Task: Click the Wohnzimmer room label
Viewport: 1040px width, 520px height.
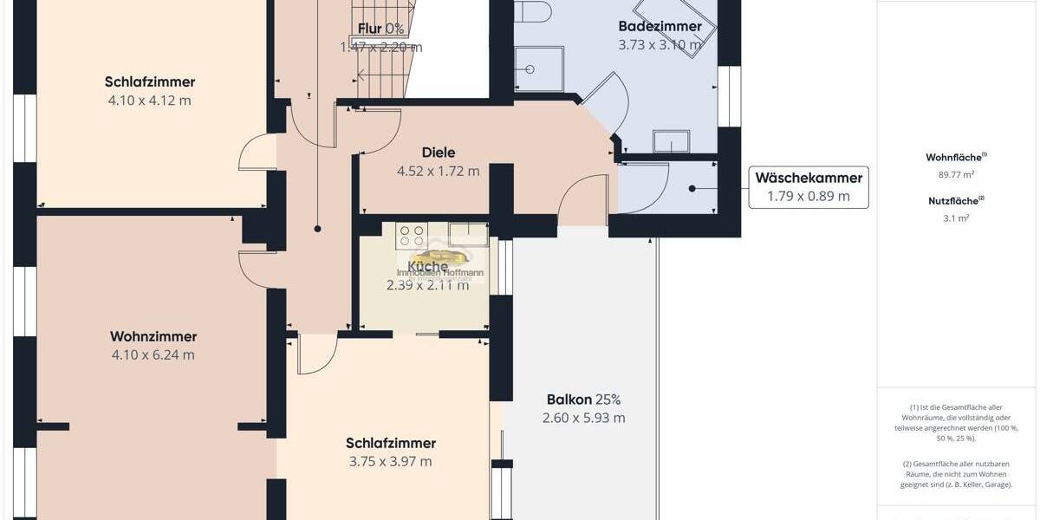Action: point(153,336)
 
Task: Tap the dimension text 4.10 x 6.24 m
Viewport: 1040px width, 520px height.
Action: point(153,354)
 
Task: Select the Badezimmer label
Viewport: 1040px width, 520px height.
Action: point(660,26)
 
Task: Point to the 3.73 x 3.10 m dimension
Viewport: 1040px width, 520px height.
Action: point(660,45)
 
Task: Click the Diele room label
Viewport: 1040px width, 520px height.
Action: point(438,153)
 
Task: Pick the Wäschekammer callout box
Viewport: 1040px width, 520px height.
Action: point(808,187)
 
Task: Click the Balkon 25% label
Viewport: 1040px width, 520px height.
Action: point(583,400)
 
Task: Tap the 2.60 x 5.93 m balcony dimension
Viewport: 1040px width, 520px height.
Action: point(583,418)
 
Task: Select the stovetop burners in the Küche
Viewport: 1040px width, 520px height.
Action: point(412,235)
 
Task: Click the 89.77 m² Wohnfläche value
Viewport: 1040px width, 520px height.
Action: point(956,173)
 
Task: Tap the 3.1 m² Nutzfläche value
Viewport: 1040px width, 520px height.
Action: point(956,218)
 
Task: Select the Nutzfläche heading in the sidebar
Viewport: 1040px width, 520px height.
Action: point(956,200)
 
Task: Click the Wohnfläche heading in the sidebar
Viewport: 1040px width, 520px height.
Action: point(956,157)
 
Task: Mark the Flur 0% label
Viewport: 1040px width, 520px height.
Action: point(382,29)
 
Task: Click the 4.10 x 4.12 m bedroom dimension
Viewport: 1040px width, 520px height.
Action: point(150,101)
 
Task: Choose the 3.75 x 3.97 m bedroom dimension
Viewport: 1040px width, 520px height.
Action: point(390,461)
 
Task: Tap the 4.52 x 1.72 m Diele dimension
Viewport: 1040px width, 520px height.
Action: point(438,171)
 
